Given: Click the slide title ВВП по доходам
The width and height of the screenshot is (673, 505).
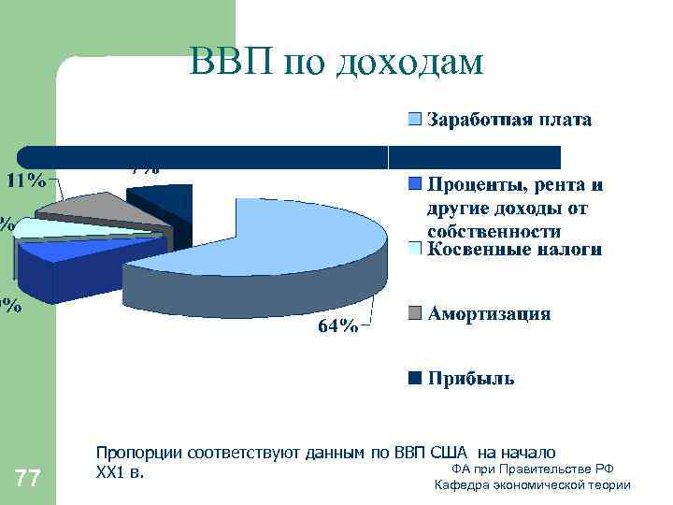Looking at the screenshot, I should click(x=336, y=62).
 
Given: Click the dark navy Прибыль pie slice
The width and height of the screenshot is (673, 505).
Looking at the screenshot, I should click(x=159, y=201).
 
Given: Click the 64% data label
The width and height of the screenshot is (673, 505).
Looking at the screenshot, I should click(x=337, y=325).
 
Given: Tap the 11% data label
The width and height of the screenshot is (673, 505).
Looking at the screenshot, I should click(x=27, y=180).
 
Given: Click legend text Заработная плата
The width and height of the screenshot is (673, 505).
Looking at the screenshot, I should click(x=509, y=120).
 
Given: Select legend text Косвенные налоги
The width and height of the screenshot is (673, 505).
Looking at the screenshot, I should click(x=514, y=250).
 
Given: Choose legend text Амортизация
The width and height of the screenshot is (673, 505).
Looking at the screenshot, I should click(x=489, y=313).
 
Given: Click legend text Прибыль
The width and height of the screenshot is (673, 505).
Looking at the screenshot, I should click(x=471, y=379).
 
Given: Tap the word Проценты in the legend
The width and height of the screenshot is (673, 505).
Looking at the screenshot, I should click(x=471, y=183).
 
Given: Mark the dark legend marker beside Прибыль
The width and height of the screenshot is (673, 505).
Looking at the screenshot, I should click(x=413, y=379).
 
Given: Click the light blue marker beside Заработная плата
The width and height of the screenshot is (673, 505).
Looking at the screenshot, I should click(x=413, y=120).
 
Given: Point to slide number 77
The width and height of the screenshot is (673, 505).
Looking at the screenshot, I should click(x=28, y=480).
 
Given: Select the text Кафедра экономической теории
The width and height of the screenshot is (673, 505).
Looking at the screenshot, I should click(x=533, y=484).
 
